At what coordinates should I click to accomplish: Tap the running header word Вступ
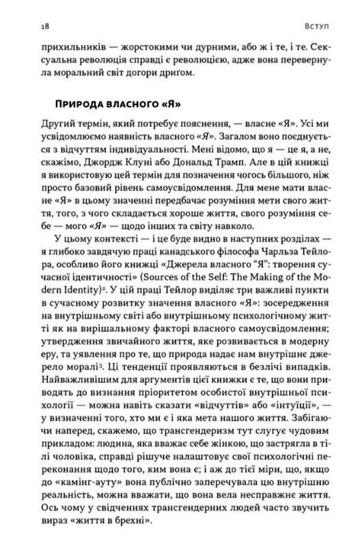point(315,25)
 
